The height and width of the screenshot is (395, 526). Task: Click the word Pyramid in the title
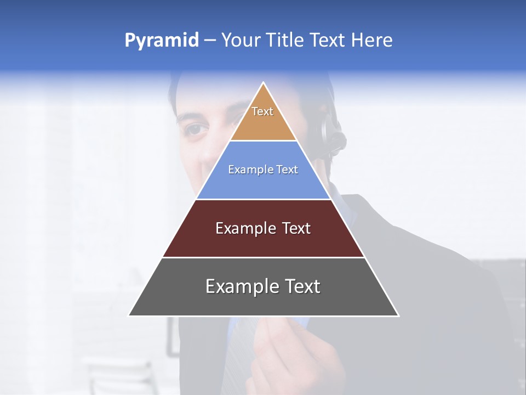click(161, 41)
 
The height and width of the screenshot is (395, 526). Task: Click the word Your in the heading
click(239, 41)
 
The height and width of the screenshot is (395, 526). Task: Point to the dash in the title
click(210, 41)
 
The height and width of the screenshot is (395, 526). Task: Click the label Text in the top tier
click(262, 111)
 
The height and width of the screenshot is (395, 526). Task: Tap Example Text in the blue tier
click(263, 170)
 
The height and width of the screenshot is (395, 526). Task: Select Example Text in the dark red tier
click(263, 228)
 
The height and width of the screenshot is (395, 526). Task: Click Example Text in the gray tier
click(263, 286)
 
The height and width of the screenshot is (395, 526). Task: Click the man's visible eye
click(197, 130)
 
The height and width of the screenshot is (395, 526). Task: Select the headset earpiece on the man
click(331, 132)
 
